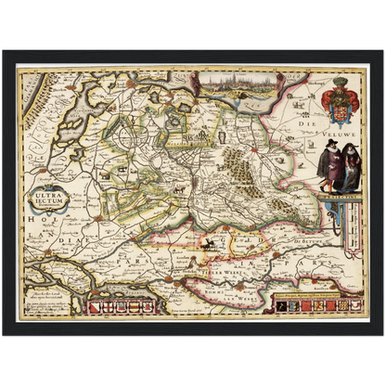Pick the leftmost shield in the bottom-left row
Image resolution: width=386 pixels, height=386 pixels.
[x=93, y=303]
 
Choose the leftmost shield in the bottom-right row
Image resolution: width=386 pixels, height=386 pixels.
[x=277, y=304]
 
